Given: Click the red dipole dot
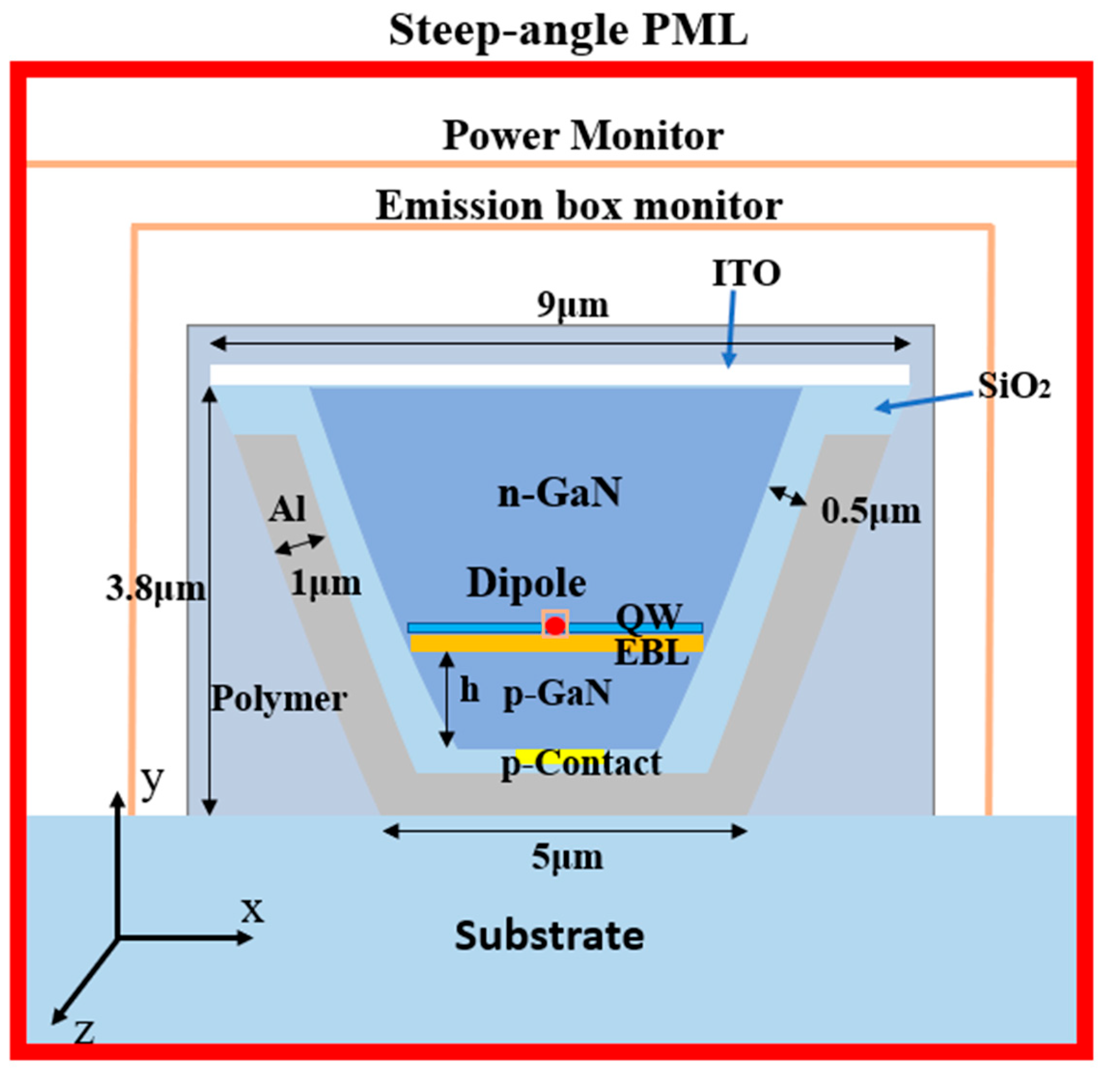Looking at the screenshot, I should [x=555, y=625].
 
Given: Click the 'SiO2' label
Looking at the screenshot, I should [x=1014, y=387].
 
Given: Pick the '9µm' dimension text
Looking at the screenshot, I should [x=572, y=306].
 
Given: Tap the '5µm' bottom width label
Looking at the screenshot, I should [x=566, y=857].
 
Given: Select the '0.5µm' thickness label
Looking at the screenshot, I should [x=870, y=512].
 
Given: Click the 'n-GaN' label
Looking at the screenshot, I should [x=559, y=492].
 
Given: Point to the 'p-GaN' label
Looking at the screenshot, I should [x=556, y=692].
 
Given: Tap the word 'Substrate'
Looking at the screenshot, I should [x=549, y=936].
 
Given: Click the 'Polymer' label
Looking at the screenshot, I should [x=278, y=699].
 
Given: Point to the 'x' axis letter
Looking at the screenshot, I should [x=252, y=909].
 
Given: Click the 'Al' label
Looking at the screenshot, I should [x=287, y=509].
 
